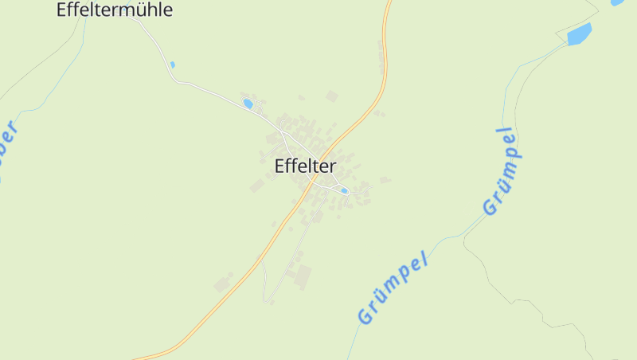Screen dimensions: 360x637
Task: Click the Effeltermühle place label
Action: tap(115, 10)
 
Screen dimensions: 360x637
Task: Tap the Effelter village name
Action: tap(305, 166)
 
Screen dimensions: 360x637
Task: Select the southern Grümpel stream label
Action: tap(393, 288)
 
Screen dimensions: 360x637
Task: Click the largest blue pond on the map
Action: tap(579, 34)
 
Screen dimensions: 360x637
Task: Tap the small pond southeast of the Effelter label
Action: tap(344, 191)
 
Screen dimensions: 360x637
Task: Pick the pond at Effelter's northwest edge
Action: tap(248, 104)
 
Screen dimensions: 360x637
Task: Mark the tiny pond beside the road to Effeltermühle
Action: tap(172, 65)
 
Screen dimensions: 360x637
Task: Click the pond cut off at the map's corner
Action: tap(617, 2)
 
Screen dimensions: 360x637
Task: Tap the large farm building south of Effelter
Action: tap(303, 277)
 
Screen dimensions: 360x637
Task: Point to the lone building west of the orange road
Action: tap(222, 284)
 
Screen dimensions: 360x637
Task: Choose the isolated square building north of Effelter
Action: tap(332, 96)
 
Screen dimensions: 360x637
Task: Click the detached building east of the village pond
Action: tap(385, 180)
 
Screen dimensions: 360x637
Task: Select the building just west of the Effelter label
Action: tap(257, 186)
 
